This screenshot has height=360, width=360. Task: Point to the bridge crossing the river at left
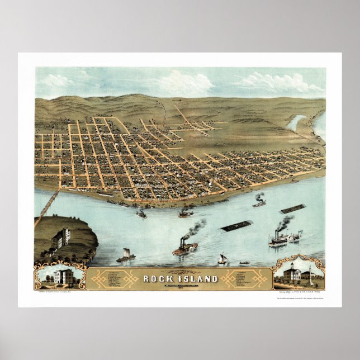48,206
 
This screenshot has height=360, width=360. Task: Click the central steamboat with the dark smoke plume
184,248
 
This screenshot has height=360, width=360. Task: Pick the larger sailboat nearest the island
126,256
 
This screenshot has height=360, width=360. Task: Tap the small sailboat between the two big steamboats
222,259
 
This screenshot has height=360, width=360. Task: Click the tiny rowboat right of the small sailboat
244,262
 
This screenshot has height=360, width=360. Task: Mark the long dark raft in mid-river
236,226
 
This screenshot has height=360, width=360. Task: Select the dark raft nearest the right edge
293,209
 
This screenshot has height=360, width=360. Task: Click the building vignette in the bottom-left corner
60,276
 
